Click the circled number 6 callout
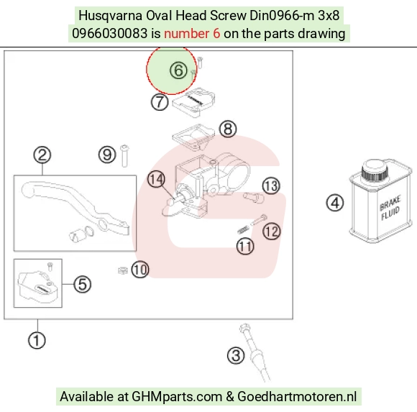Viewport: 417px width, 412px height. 178,70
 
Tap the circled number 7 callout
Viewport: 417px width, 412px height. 160,102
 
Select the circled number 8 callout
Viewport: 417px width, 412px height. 228,129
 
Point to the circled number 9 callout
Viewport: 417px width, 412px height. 107,155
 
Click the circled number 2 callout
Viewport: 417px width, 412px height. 42,155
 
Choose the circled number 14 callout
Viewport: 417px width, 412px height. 156,179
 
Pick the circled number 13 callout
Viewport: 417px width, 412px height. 271,186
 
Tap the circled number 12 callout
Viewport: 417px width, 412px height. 272,232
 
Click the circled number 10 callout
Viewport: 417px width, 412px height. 140,270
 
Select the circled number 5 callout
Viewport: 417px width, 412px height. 82,284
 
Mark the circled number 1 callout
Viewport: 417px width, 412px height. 37,340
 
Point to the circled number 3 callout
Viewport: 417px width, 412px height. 236,356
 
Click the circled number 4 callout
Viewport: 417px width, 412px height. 335,203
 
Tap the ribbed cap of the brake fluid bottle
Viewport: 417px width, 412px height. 374,170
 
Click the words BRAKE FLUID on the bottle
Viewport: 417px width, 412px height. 390,209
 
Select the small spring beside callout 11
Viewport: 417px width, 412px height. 243,229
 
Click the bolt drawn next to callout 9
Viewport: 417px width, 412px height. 124,155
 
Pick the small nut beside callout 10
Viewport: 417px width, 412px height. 123,270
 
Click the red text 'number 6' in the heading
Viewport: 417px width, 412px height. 192,34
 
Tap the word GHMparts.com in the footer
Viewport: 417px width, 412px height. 177,396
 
